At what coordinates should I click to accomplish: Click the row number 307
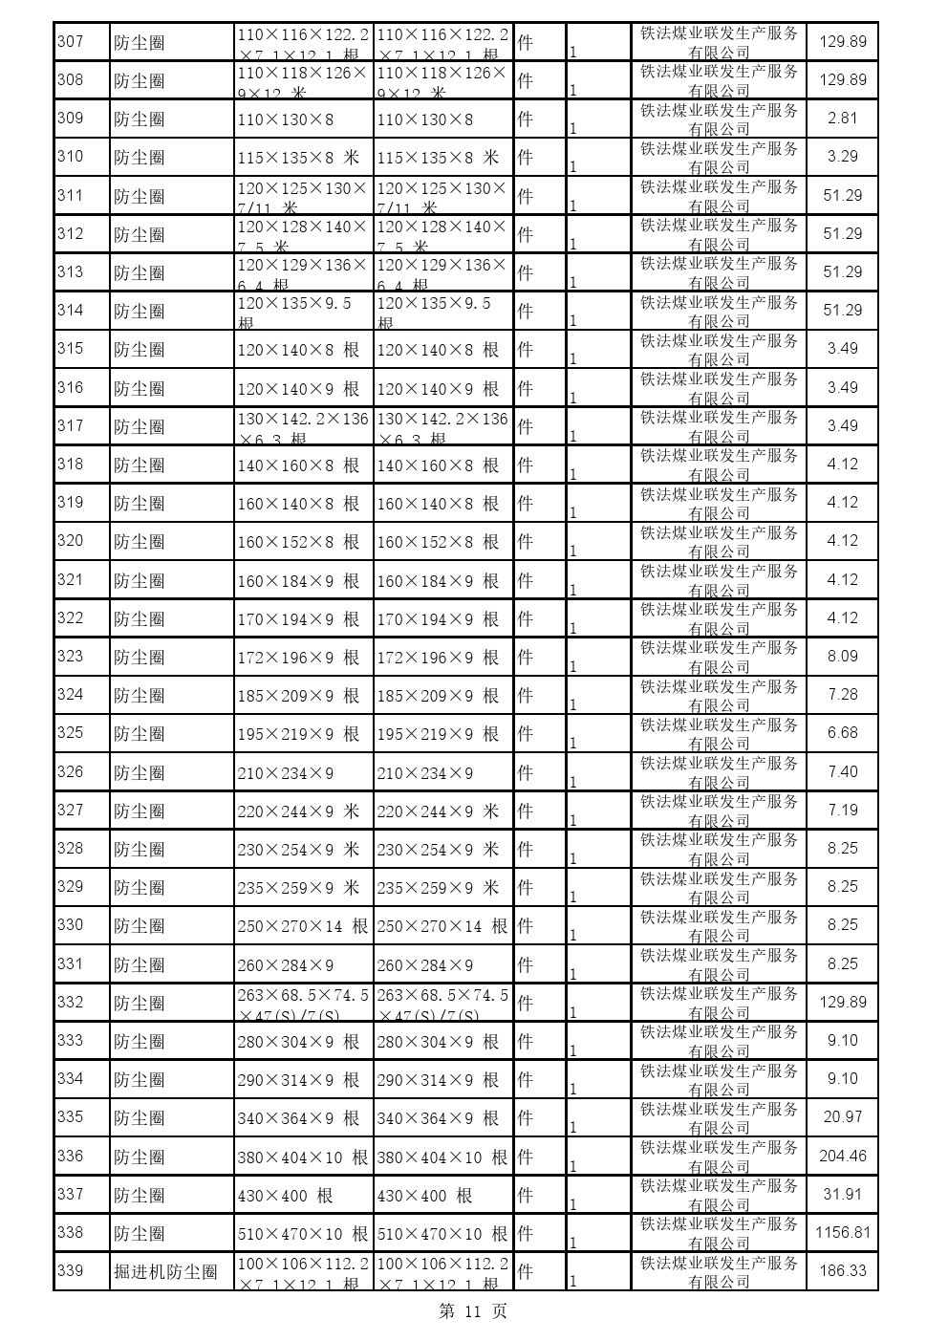click(x=71, y=42)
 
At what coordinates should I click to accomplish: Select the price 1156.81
click(x=842, y=1233)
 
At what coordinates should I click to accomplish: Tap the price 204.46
click(x=842, y=1157)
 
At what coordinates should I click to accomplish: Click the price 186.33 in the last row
click(x=842, y=1271)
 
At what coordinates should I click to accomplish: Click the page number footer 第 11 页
click(x=473, y=1312)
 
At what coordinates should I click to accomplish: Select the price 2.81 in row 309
click(x=842, y=119)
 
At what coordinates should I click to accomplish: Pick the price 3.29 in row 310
click(x=842, y=157)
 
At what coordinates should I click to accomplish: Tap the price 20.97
click(x=842, y=1117)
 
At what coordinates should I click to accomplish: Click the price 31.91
click(x=842, y=1195)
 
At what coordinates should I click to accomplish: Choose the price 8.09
click(x=842, y=657)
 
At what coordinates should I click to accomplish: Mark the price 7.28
click(x=842, y=695)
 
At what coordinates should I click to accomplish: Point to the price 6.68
click(x=842, y=733)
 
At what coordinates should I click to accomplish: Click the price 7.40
click(x=842, y=772)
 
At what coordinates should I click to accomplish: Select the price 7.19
click(x=842, y=811)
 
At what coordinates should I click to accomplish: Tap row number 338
click(x=71, y=1233)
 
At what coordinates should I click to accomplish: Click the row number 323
click(x=71, y=657)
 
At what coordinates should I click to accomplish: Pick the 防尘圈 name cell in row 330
click(x=140, y=926)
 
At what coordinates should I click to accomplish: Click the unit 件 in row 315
click(x=525, y=350)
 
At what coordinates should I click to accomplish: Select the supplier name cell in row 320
click(x=719, y=542)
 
